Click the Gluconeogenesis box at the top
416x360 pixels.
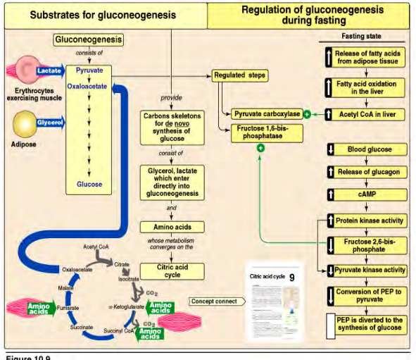89,40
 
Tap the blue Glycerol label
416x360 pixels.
50,123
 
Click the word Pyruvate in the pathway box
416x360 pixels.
89,71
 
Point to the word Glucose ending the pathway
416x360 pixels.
89,185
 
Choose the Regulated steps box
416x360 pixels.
240,75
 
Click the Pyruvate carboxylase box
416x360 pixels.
267,114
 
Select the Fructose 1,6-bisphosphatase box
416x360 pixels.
260,132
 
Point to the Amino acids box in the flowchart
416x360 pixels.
172,227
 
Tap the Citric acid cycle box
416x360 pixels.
172,271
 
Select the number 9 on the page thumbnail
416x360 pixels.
291,278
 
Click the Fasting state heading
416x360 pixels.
362,36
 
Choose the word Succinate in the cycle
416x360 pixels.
82,328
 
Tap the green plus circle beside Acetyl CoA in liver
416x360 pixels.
307,114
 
